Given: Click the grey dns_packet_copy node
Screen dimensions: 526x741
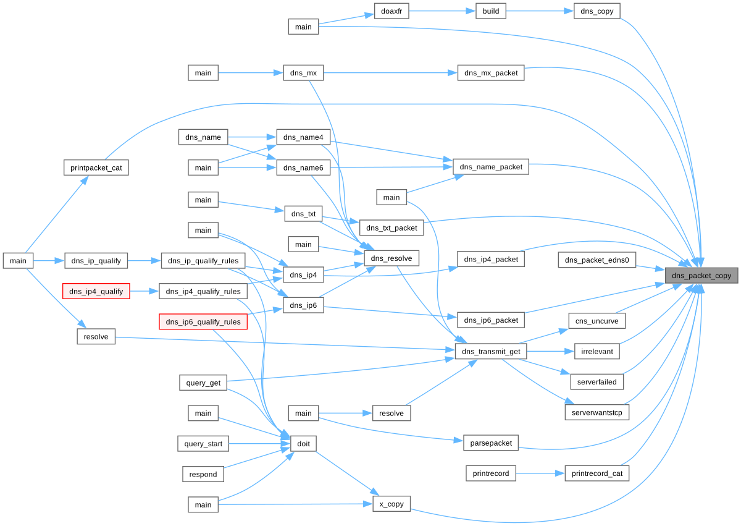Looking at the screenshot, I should click(x=701, y=275).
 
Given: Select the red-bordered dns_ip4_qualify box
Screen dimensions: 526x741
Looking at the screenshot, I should click(x=96, y=291).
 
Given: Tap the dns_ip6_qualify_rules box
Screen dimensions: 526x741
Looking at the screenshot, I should click(x=203, y=321).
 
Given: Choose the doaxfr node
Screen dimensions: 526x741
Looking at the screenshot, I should click(x=391, y=11).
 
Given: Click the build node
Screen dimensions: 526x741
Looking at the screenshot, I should click(x=491, y=11).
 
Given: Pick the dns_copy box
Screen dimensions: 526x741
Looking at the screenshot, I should click(x=597, y=11).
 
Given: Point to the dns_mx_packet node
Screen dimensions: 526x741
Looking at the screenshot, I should click(x=491, y=73).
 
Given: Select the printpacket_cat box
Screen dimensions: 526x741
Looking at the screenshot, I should click(x=96, y=167).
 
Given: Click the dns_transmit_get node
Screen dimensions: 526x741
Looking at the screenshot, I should click(x=491, y=352).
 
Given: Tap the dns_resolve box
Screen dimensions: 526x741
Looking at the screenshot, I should click(x=392, y=258).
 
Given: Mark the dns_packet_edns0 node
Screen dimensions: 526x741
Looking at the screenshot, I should click(x=597, y=260).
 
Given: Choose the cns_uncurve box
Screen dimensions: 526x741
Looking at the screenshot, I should click(x=597, y=321).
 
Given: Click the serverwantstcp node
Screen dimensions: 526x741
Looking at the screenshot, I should click(x=597, y=412).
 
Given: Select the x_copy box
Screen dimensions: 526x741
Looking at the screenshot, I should click(x=391, y=504).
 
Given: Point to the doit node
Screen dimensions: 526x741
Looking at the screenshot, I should click(x=303, y=444).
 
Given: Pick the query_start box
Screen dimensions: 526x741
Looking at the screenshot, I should click(x=203, y=444).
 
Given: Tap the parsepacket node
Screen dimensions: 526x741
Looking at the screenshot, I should click(x=491, y=443).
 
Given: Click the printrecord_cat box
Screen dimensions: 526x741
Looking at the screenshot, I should click(x=597, y=473).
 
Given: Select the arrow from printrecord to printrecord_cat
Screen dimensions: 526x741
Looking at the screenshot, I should click(x=540, y=473).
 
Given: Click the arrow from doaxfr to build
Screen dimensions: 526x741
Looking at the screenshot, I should click(x=442, y=11).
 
